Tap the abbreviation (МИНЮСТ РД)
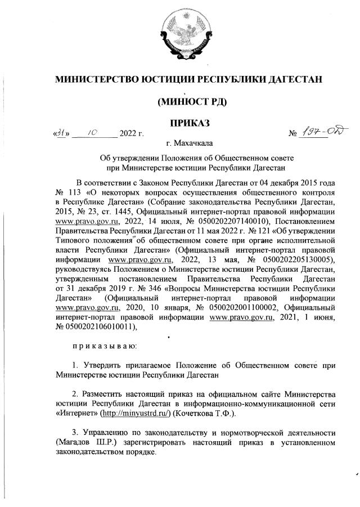pyautogui.click(x=188, y=102)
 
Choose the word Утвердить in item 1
pyautogui.click(x=104, y=365)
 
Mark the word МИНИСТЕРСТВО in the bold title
pyautogui.click(x=95, y=79)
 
